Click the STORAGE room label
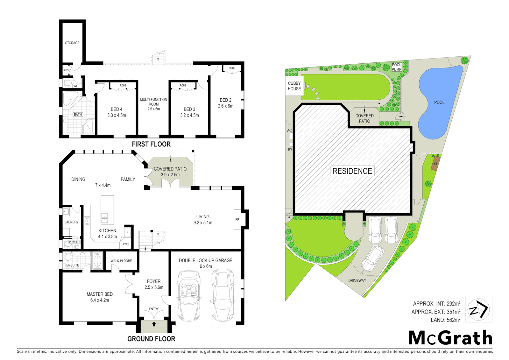pyautogui.click(x=72, y=43)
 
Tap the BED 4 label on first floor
pyautogui.click(x=116, y=109)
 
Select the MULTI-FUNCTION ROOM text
pyautogui.click(x=154, y=102)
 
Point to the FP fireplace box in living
pyautogui.click(x=237, y=219)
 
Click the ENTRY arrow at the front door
pyautogui.click(x=154, y=324)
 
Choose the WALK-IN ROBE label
pyautogui.click(x=121, y=261)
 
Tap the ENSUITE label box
pyautogui.click(x=73, y=265)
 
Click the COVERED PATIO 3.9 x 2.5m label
pyautogui.click(x=170, y=172)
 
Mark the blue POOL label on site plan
pyautogui.click(x=439, y=103)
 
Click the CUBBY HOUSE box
pyautogui.click(x=294, y=86)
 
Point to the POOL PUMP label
pyautogui.click(x=396, y=67)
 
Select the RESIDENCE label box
pyautogui.click(x=352, y=171)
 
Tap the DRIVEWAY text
pyautogui.click(x=357, y=281)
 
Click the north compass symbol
pyautogui.click(x=478, y=310)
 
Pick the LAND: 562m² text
pyautogui.click(x=445, y=320)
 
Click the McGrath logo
pyautogui.click(x=450, y=338)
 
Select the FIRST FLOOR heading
pyautogui.click(x=151, y=144)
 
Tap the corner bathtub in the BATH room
pyautogui.click(x=70, y=99)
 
